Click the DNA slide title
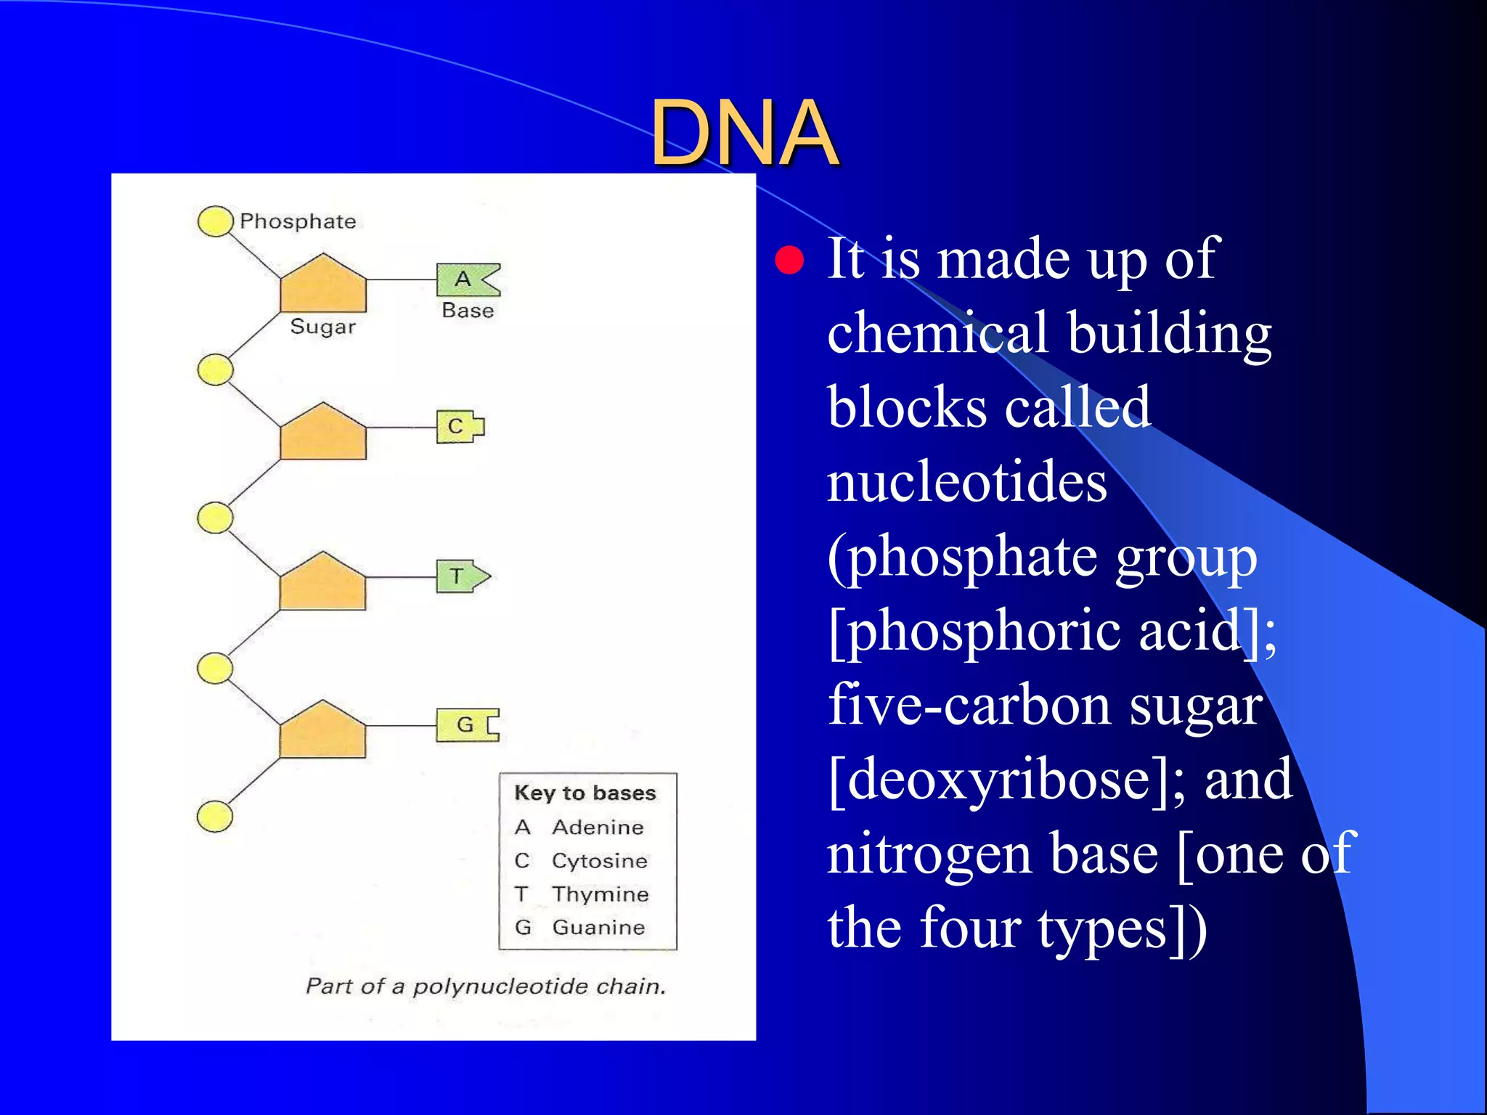(744, 133)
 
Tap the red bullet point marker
(789, 260)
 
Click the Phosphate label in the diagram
(298, 221)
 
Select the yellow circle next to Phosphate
(215, 221)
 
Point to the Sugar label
(322, 327)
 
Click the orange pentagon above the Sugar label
(323, 285)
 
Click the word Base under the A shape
(468, 311)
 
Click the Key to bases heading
(585, 793)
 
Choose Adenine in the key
(598, 828)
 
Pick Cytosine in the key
(600, 861)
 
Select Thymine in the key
(600, 894)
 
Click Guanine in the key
(598, 927)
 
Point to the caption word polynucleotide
(500, 987)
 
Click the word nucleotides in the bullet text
(966, 483)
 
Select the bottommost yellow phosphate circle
(215, 817)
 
